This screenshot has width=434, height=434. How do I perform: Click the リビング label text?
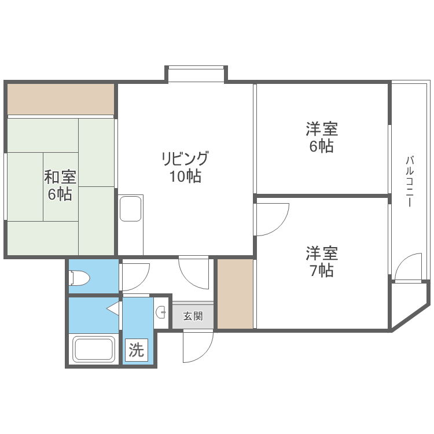click(185, 158)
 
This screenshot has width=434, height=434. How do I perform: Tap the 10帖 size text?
click(185, 176)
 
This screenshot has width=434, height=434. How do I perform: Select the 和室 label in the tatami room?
click(60, 176)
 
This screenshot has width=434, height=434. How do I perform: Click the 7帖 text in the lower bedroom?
click(322, 270)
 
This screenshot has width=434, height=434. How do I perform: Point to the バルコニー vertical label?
click(409, 182)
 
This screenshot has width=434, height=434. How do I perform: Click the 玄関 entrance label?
click(193, 317)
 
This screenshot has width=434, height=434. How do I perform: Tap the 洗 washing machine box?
click(135, 350)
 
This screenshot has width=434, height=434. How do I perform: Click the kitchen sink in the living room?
click(131, 208)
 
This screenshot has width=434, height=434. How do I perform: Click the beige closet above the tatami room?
click(61, 99)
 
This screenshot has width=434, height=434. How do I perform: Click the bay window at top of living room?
click(196, 75)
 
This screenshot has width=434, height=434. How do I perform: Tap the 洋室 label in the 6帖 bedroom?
click(322, 128)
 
